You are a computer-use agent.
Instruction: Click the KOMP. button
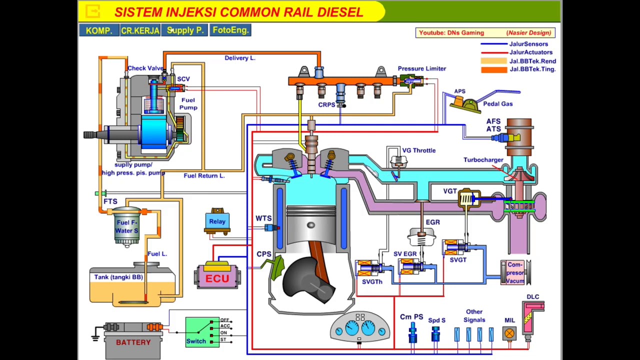[x=98, y=30]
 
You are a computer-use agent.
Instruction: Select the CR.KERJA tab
[x=140, y=30]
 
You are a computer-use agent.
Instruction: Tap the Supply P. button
[x=184, y=30]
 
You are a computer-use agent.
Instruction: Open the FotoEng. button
[x=230, y=30]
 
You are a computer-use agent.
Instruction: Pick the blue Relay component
[x=217, y=221]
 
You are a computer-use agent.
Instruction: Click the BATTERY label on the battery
[x=133, y=342]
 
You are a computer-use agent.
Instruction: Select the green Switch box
[x=201, y=332]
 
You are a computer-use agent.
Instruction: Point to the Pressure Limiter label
[x=421, y=68]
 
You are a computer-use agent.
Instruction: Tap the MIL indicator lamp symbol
[x=509, y=333]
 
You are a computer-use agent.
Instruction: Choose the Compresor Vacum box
[x=515, y=272]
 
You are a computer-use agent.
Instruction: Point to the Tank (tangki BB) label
[x=118, y=277]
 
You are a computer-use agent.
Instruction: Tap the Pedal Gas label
[x=497, y=104]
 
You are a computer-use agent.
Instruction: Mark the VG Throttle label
[x=418, y=150]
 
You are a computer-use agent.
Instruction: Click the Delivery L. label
[x=240, y=58]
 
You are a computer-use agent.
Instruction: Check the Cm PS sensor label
[x=411, y=317]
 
